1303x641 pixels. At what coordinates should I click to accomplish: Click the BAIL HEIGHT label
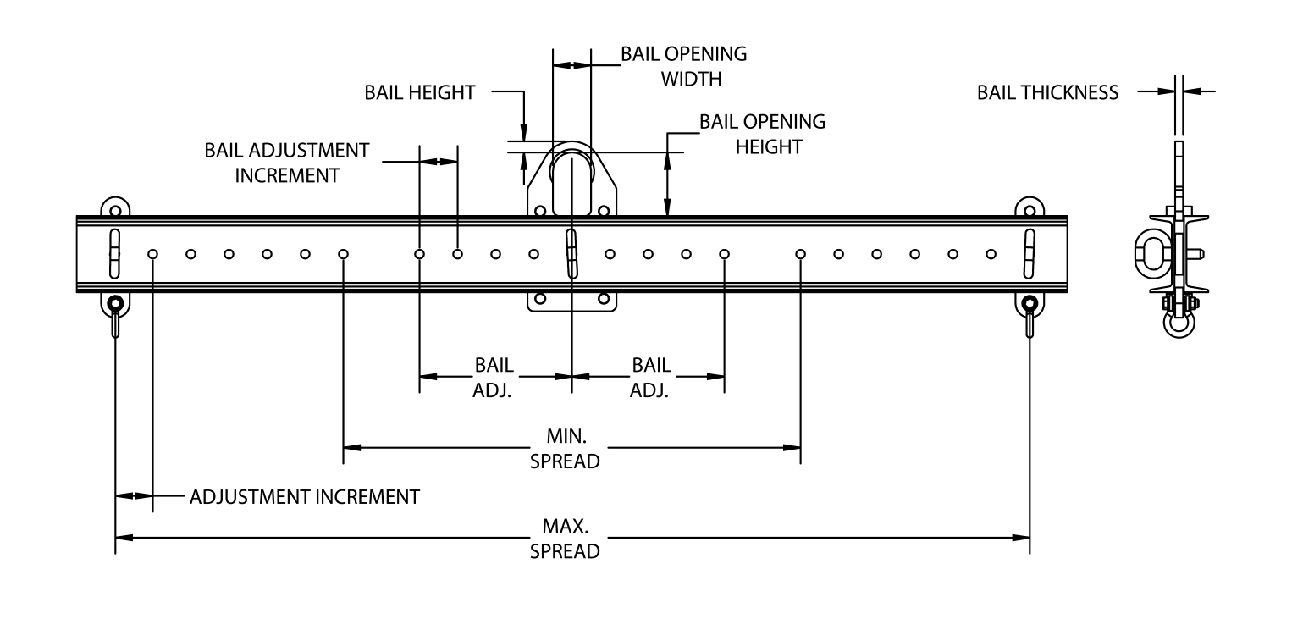point(419,92)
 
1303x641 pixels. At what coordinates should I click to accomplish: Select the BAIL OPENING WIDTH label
point(683,66)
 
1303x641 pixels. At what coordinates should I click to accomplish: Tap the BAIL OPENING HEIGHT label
point(762,134)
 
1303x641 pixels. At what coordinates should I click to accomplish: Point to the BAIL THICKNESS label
point(1047,92)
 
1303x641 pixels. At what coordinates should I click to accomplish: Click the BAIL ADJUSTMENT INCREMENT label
point(287,163)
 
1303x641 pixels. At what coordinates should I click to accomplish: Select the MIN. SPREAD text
point(565,449)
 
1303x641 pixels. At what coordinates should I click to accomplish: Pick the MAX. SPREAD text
point(565,539)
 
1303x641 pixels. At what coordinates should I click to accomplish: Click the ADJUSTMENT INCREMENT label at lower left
point(304,496)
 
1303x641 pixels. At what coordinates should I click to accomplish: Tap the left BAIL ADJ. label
point(493,378)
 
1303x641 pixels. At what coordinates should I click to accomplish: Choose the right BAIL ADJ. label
point(650,378)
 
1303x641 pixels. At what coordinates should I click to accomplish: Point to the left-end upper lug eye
point(114,209)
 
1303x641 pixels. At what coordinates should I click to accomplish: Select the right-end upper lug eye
point(1029,209)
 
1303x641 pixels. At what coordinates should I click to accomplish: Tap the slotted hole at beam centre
point(572,252)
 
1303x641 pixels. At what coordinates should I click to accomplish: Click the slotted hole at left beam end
point(114,252)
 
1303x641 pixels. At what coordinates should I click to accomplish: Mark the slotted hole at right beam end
point(1029,252)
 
